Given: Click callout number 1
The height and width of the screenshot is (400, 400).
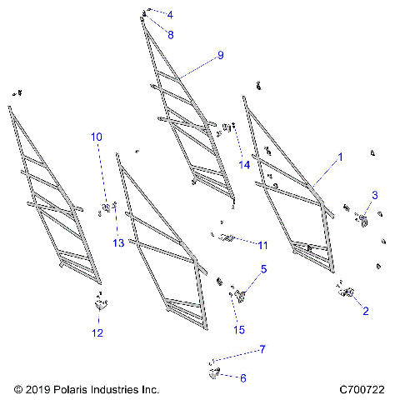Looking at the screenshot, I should (x=339, y=156).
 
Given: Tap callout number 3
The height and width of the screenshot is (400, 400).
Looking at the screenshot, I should (x=375, y=195).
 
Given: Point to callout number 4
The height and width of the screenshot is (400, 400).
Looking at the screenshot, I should (x=170, y=15).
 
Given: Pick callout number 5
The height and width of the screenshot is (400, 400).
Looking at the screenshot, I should (x=263, y=269).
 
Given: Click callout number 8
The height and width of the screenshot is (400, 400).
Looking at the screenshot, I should (x=170, y=35).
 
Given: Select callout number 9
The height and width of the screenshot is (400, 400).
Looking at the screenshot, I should (x=220, y=55).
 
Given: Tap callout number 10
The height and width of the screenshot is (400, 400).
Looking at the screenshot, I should (x=97, y=136).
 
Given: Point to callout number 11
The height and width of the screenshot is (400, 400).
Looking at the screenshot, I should (x=262, y=245).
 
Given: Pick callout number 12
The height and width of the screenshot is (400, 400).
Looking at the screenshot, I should (x=97, y=333).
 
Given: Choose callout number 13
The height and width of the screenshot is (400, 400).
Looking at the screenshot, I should (x=118, y=242).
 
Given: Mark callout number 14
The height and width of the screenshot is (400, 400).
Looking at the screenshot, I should (x=244, y=164).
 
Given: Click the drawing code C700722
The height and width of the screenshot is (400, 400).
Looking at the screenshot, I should (x=362, y=389).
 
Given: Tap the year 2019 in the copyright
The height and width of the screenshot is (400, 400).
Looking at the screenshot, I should (x=37, y=389).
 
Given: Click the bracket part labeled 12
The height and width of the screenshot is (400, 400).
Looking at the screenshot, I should (x=102, y=306).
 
